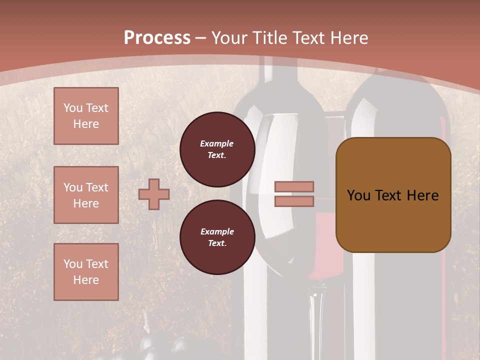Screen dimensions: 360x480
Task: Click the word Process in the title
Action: [x=157, y=38]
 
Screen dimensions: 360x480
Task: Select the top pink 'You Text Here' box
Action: [x=86, y=116]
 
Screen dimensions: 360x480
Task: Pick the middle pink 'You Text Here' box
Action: [x=86, y=195]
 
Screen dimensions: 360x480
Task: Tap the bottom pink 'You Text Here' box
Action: [x=86, y=272]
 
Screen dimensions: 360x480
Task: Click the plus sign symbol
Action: [x=154, y=194]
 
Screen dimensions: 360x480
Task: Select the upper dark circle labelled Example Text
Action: [x=217, y=149]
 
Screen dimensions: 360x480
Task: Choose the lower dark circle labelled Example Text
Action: [x=217, y=237]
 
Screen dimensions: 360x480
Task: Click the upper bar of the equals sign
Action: [x=294, y=186]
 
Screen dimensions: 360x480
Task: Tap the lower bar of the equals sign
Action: [x=294, y=201]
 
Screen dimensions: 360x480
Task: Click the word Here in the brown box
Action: [x=422, y=195]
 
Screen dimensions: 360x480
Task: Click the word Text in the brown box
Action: [x=388, y=195]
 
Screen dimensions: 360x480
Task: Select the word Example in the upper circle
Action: [x=217, y=143]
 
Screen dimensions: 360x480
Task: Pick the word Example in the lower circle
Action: [x=217, y=231]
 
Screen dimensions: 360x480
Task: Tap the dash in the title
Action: [x=201, y=38]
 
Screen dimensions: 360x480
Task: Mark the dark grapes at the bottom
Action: [x=165, y=347]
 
